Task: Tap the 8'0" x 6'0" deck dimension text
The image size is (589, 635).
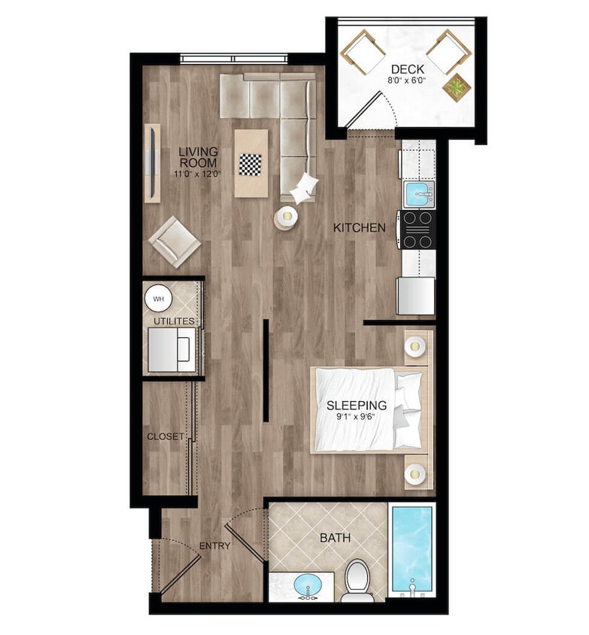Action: [406, 79]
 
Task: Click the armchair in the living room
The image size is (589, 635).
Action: [175, 242]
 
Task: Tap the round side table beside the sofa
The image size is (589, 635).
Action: [286, 217]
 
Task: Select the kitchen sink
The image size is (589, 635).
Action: [419, 194]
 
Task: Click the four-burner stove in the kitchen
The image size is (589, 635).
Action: [419, 229]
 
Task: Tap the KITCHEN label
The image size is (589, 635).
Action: [360, 227]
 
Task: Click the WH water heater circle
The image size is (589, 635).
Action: [158, 299]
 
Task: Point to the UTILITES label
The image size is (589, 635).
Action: [174, 321]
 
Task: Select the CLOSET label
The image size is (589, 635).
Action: [165, 436]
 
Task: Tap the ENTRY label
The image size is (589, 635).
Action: [214, 545]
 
